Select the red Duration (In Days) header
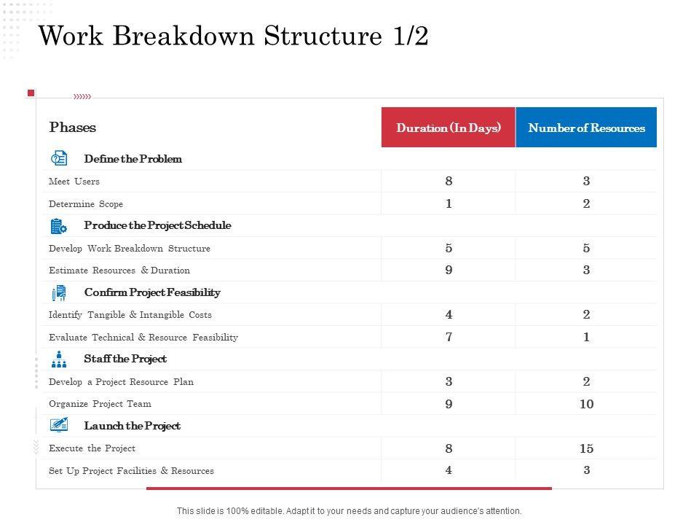point(449,128)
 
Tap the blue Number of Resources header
point(586,128)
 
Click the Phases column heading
point(73,128)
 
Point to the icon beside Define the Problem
point(59,159)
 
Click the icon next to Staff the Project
point(59,359)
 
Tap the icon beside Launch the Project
point(59,425)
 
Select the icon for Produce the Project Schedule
point(59,226)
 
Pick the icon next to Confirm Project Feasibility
point(59,292)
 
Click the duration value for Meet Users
point(449,182)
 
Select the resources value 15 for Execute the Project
point(586,448)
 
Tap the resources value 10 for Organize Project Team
point(586,404)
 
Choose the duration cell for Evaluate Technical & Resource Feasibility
point(449,337)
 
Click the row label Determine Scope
point(86,204)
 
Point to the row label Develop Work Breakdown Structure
point(130,249)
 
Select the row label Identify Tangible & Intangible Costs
point(130,315)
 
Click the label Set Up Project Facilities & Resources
point(131,471)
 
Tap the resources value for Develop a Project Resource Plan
point(586,381)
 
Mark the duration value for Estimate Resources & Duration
point(449,271)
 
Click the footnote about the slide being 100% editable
point(349,511)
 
